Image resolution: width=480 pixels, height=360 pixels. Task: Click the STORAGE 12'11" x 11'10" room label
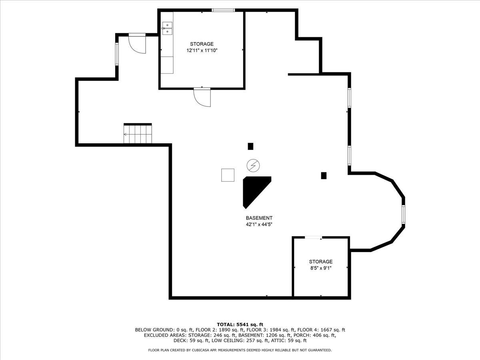pos(202,47)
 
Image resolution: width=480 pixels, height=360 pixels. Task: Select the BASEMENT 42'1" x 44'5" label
pos(259,221)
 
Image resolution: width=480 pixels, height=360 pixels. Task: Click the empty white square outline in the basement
pos(228,175)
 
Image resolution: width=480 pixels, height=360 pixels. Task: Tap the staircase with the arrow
pos(138,134)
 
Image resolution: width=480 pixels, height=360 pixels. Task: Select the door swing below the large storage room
pos(202,97)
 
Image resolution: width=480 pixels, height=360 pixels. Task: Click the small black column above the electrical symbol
pos(250,146)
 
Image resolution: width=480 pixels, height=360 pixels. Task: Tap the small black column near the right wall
pos(324,175)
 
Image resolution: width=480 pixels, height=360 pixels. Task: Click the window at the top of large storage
pos(223,10)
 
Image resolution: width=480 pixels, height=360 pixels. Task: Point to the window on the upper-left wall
pos(117,54)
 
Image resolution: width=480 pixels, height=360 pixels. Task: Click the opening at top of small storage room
pos(313,238)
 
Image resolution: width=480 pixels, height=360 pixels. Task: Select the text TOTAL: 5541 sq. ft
pos(240,324)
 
